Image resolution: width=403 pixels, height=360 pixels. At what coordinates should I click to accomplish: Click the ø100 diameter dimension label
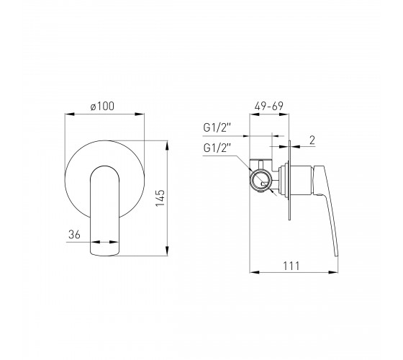pos(102,107)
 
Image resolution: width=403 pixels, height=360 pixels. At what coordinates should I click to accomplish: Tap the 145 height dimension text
pos(160,198)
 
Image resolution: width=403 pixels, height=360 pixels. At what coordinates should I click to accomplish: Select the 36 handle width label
pos(74,235)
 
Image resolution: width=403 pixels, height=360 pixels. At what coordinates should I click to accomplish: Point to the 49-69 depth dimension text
pos(269,106)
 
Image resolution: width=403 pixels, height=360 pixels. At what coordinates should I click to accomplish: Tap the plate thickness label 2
pos(312,140)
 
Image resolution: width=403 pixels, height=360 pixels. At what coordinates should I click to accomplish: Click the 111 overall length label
pos(291,266)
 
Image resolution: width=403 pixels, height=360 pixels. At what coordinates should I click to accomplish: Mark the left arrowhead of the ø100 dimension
pos(69,114)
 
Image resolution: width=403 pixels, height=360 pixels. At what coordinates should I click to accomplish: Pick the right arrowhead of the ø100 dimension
pos(140,114)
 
